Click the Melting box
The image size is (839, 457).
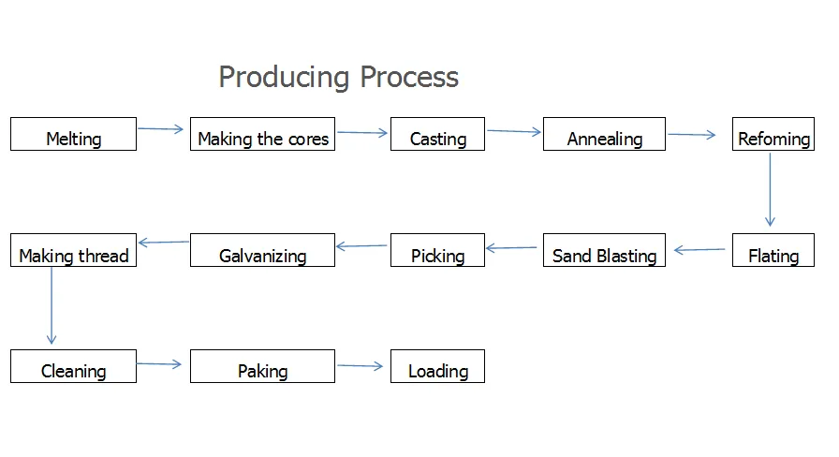click(73, 134)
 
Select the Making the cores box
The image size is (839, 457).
click(263, 134)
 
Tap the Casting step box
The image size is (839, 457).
click(437, 134)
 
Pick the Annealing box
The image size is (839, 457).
click(605, 134)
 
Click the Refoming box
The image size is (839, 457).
click(773, 134)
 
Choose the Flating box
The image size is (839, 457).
click(773, 250)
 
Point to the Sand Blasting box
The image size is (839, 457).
click(605, 250)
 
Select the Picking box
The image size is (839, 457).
click(437, 250)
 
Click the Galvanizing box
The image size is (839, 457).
click(263, 250)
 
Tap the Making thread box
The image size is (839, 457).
click(73, 250)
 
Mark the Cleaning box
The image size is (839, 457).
click(73, 366)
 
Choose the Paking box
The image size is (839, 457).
click(263, 366)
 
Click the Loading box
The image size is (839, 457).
click(437, 366)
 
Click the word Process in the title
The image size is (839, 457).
click(409, 77)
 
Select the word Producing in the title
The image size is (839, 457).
click(284, 78)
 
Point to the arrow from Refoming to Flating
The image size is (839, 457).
click(770, 189)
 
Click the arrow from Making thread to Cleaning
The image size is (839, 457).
click(52, 305)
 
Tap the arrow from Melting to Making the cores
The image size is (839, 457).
click(160, 128)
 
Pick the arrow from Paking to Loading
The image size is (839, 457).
click(361, 365)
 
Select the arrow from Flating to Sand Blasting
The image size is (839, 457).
click(699, 249)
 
